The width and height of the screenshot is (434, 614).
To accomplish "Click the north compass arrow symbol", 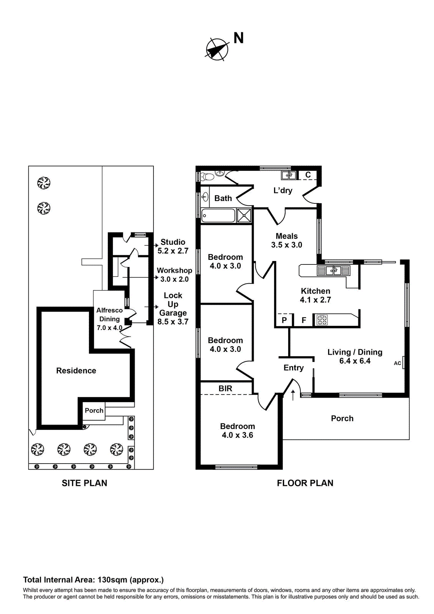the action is (x=216, y=50).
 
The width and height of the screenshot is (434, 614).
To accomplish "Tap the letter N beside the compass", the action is (x=238, y=38).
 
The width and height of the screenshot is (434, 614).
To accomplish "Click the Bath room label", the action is (x=223, y=198).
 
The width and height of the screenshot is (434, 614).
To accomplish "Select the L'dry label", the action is (x=283, y=190).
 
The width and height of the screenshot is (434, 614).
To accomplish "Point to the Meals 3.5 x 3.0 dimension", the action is (x=287, y=245).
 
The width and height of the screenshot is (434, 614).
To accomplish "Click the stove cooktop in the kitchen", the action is (x=322, y=320).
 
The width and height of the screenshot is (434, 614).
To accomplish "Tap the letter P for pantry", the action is (x=284, y=320).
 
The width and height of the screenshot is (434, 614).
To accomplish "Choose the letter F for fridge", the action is (x=304, y=320).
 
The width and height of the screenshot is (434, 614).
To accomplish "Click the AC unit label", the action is (x=398, y=363).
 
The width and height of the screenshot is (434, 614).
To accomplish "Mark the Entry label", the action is (x=294, y=368).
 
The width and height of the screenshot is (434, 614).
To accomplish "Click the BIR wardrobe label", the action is (x=225, y=388).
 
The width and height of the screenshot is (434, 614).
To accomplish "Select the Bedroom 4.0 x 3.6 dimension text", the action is (x=238, y=435).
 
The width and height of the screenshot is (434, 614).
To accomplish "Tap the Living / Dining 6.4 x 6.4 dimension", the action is (x=355, y=361).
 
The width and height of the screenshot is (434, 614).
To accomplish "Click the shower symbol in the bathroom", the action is (x=244, y=216).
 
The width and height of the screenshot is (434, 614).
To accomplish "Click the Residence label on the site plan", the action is (x=76, y=371).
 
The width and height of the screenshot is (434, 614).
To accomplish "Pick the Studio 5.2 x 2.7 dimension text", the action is (x=173, y=251).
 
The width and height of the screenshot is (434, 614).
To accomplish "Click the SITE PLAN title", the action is (x=84, y=483).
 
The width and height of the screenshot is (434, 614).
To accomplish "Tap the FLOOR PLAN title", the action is (x=305, y=483).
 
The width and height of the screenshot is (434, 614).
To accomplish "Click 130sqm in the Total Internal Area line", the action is (x=112, y=580).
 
